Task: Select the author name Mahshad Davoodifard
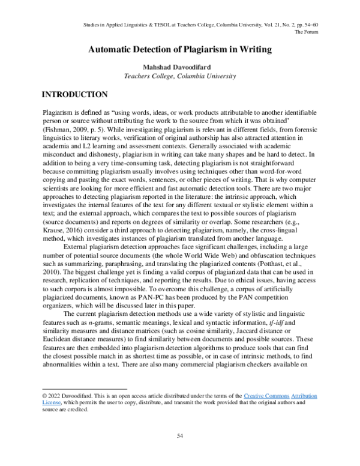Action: [180, 67]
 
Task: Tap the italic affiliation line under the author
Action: [180, 76]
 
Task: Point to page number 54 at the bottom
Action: [179, 435]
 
